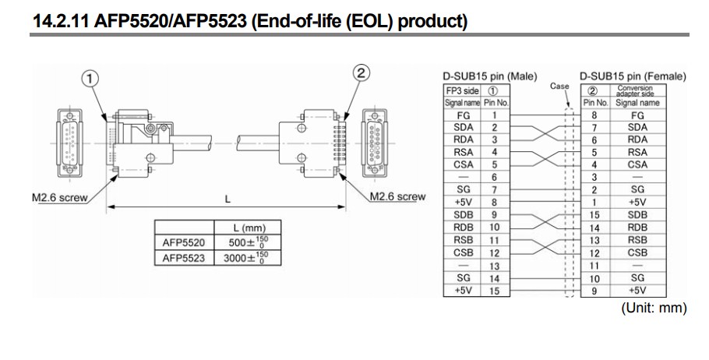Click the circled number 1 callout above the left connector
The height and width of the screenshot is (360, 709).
(x=90, y=79)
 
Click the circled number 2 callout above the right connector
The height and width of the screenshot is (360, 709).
(x=361, y=72)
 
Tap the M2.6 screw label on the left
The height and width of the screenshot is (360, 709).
(x=60, y=198)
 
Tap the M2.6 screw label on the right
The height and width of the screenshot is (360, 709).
(x=397, y=196)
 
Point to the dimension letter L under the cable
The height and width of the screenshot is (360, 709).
(x=228, y=199)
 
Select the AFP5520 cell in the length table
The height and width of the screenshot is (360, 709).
(x=184, y=242)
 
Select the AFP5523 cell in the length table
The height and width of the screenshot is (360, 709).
(x=184, y=258)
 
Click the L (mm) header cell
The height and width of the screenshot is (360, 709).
(x=247, y=228)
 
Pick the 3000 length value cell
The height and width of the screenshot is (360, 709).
(x=247, y=258)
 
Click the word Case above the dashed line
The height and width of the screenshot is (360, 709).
(x=559, y=86)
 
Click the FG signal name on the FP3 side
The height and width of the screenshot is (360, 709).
(x=463, y=115)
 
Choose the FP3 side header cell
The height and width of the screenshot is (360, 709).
(x=462, y=90)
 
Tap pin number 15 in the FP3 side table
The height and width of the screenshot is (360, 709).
(x=495, y=291)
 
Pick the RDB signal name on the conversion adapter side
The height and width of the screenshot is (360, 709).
(x=637, y=228)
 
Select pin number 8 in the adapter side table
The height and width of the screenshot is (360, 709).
(x=594, y=115)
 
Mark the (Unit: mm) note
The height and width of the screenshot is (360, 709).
(x=654, y=308)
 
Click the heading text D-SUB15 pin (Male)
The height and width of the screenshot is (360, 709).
(x=490, y=76)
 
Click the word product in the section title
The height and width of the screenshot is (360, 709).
(x=432, y=21)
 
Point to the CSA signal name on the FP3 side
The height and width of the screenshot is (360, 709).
(x=463, y=164)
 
